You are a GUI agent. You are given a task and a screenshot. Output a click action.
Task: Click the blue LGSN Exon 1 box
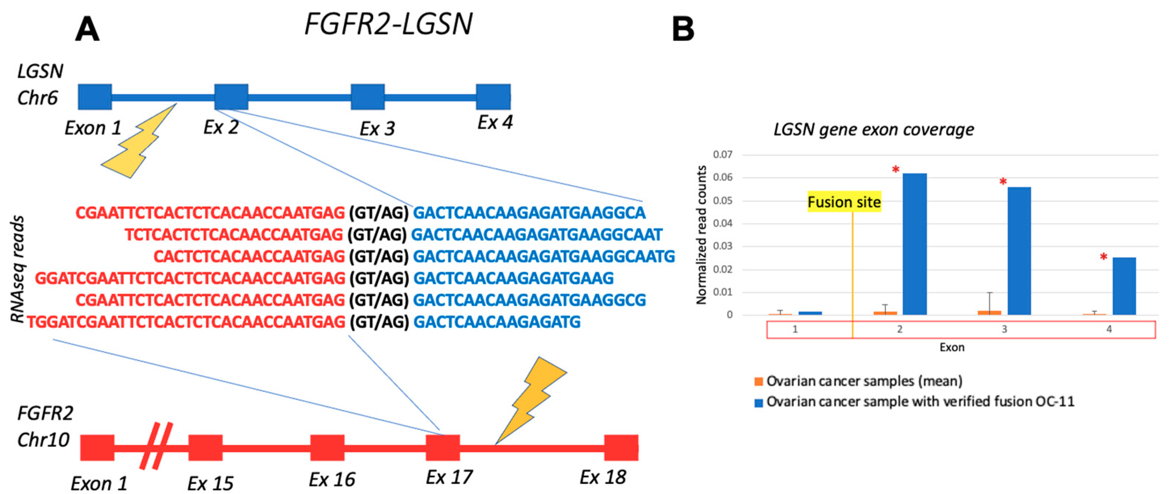click(x=95, y=96)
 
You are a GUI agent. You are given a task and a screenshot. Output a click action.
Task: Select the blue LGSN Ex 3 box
click(x=368, y=96)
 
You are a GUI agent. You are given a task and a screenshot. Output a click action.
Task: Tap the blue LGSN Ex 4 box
click(x=493, y=96)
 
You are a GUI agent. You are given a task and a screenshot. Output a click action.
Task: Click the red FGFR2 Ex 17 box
click(x=443, y=447)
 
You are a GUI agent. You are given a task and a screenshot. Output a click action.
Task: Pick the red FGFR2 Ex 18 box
click(x=621, y=447)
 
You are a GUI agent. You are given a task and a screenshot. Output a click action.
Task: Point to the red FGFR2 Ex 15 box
click(x=205, y=447)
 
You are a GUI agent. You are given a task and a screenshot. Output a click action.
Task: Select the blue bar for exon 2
click(x=914, y=244)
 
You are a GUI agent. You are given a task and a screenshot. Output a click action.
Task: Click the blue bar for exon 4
click(x=1124, y=286)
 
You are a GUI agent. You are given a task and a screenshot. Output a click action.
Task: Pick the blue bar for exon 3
click(x=1019, y=251)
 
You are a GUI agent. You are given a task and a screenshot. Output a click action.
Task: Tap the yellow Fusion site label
click(x=844, y=202)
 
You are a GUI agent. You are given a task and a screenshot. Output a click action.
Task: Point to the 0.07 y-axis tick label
click(x=722, y=154)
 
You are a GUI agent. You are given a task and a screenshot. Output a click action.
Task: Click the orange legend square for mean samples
click(x=758, y=382)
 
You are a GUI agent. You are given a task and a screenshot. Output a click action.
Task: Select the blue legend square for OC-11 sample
click(x=758, y=402)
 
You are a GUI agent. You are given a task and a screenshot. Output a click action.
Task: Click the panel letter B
click(x=683, y=29)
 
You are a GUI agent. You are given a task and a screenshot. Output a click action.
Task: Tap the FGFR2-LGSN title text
click(x=388, y=24)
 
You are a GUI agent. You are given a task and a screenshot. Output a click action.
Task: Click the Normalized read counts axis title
click(x=701, y=235)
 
